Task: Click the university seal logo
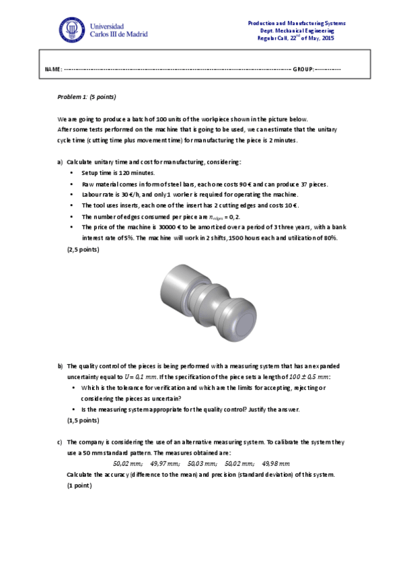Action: point(72,29)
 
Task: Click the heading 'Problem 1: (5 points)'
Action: point(87,97)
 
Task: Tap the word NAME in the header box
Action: point(52,69)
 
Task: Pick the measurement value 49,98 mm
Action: point(276,464)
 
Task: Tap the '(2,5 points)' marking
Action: point(83,250)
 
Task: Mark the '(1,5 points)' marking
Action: point(83,420)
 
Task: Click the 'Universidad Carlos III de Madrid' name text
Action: point(118,30)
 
